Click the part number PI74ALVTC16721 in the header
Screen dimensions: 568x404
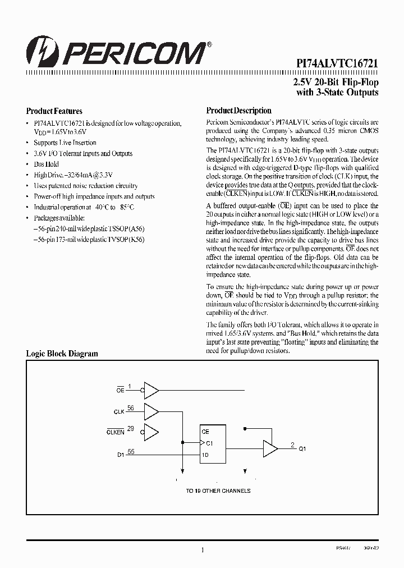[337, 65]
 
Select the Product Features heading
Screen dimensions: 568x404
[54, 111]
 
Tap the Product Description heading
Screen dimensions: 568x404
[238, 111]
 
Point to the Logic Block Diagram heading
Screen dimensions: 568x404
[62, 354]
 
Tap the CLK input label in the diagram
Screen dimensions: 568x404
[119, 411]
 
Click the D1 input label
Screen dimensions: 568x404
[120, 455]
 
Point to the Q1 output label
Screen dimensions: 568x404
[302, 449]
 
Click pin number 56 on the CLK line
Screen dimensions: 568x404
[130, 408]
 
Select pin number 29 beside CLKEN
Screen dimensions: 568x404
[130, 429]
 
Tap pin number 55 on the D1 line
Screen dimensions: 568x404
[130, 451]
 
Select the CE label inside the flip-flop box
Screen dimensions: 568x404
[205, 432]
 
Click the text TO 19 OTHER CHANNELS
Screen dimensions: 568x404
[218, 491]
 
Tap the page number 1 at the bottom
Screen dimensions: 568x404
[202, 551]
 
